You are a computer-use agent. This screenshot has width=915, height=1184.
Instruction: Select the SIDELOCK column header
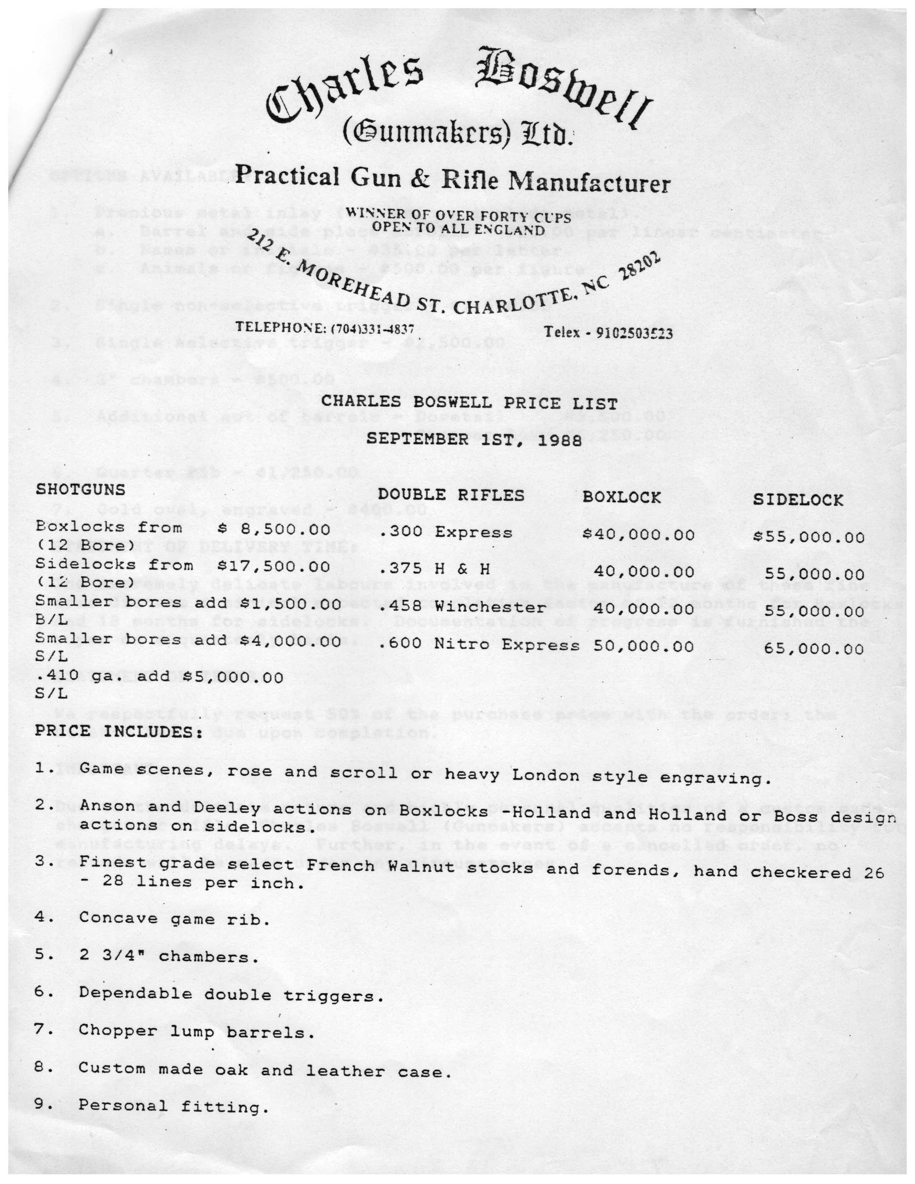tap(798, 499)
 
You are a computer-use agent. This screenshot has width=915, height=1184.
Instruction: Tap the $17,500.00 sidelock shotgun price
tap(274, 565)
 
